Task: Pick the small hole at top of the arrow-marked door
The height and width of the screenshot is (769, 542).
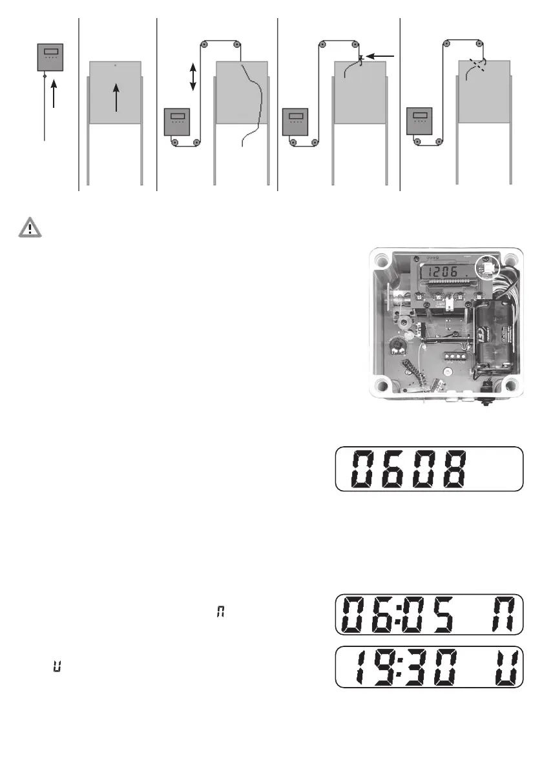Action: [x=116, y=66]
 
